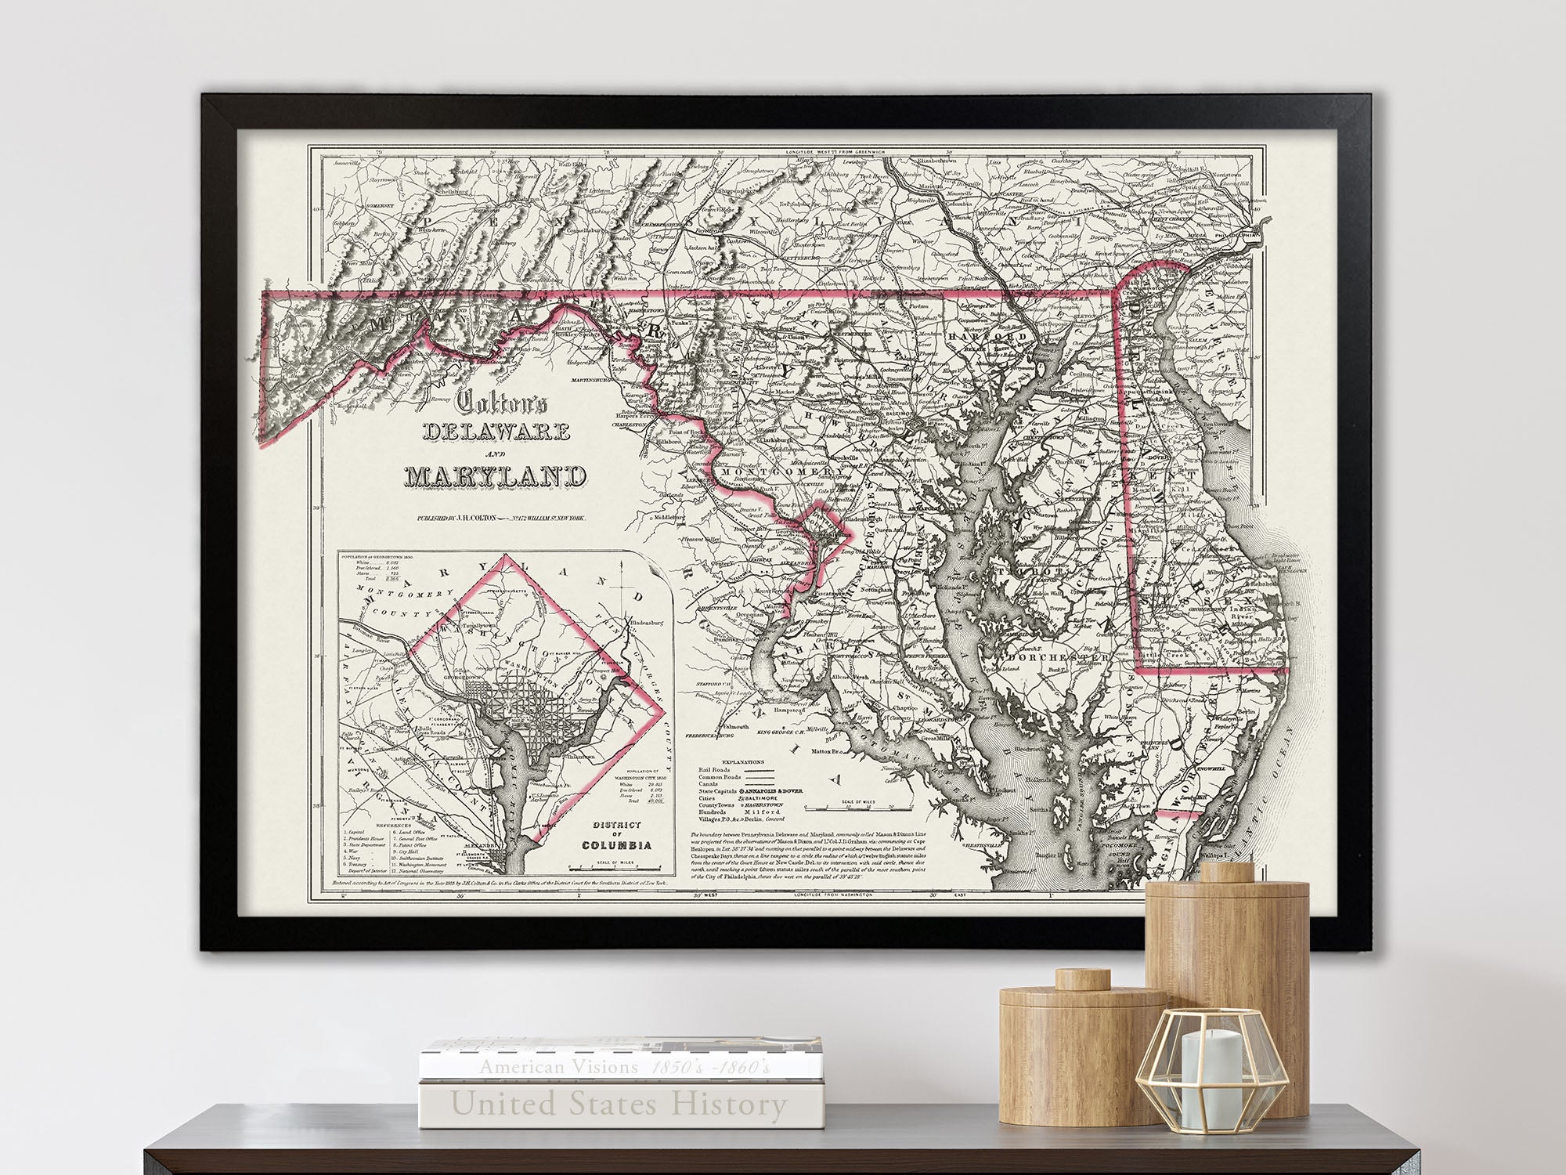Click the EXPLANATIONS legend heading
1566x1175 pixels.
pyautogui.click(x=744, y=761)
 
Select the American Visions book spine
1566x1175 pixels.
pyautogui.click(x=622, y=1067)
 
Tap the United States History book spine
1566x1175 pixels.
pyautogui.click(x=619, y=1104)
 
